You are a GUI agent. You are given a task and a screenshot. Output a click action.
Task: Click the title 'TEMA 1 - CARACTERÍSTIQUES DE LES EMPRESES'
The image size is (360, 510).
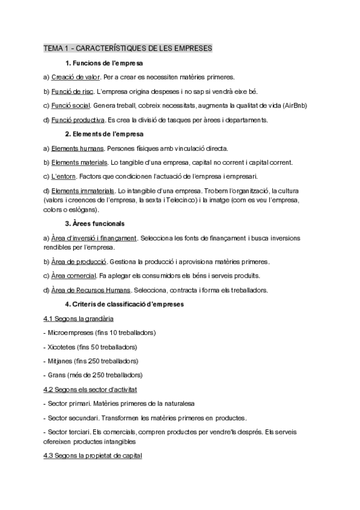click(x=128, y=48)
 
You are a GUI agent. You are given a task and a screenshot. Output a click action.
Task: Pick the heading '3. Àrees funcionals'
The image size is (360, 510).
click(x=94, y=224)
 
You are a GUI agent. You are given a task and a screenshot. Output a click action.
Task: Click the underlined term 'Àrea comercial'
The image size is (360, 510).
click(x=74, y=275)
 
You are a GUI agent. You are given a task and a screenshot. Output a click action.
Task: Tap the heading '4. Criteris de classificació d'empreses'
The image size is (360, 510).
click(x=124, y=304)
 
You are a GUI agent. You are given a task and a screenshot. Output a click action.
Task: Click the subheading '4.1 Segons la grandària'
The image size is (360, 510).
click(x=78, y=318)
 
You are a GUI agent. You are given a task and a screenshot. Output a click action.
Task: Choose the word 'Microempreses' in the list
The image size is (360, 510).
click(x=70, y=332)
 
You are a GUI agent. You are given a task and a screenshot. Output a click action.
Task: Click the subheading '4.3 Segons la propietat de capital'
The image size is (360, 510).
click(x=93, y=456)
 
